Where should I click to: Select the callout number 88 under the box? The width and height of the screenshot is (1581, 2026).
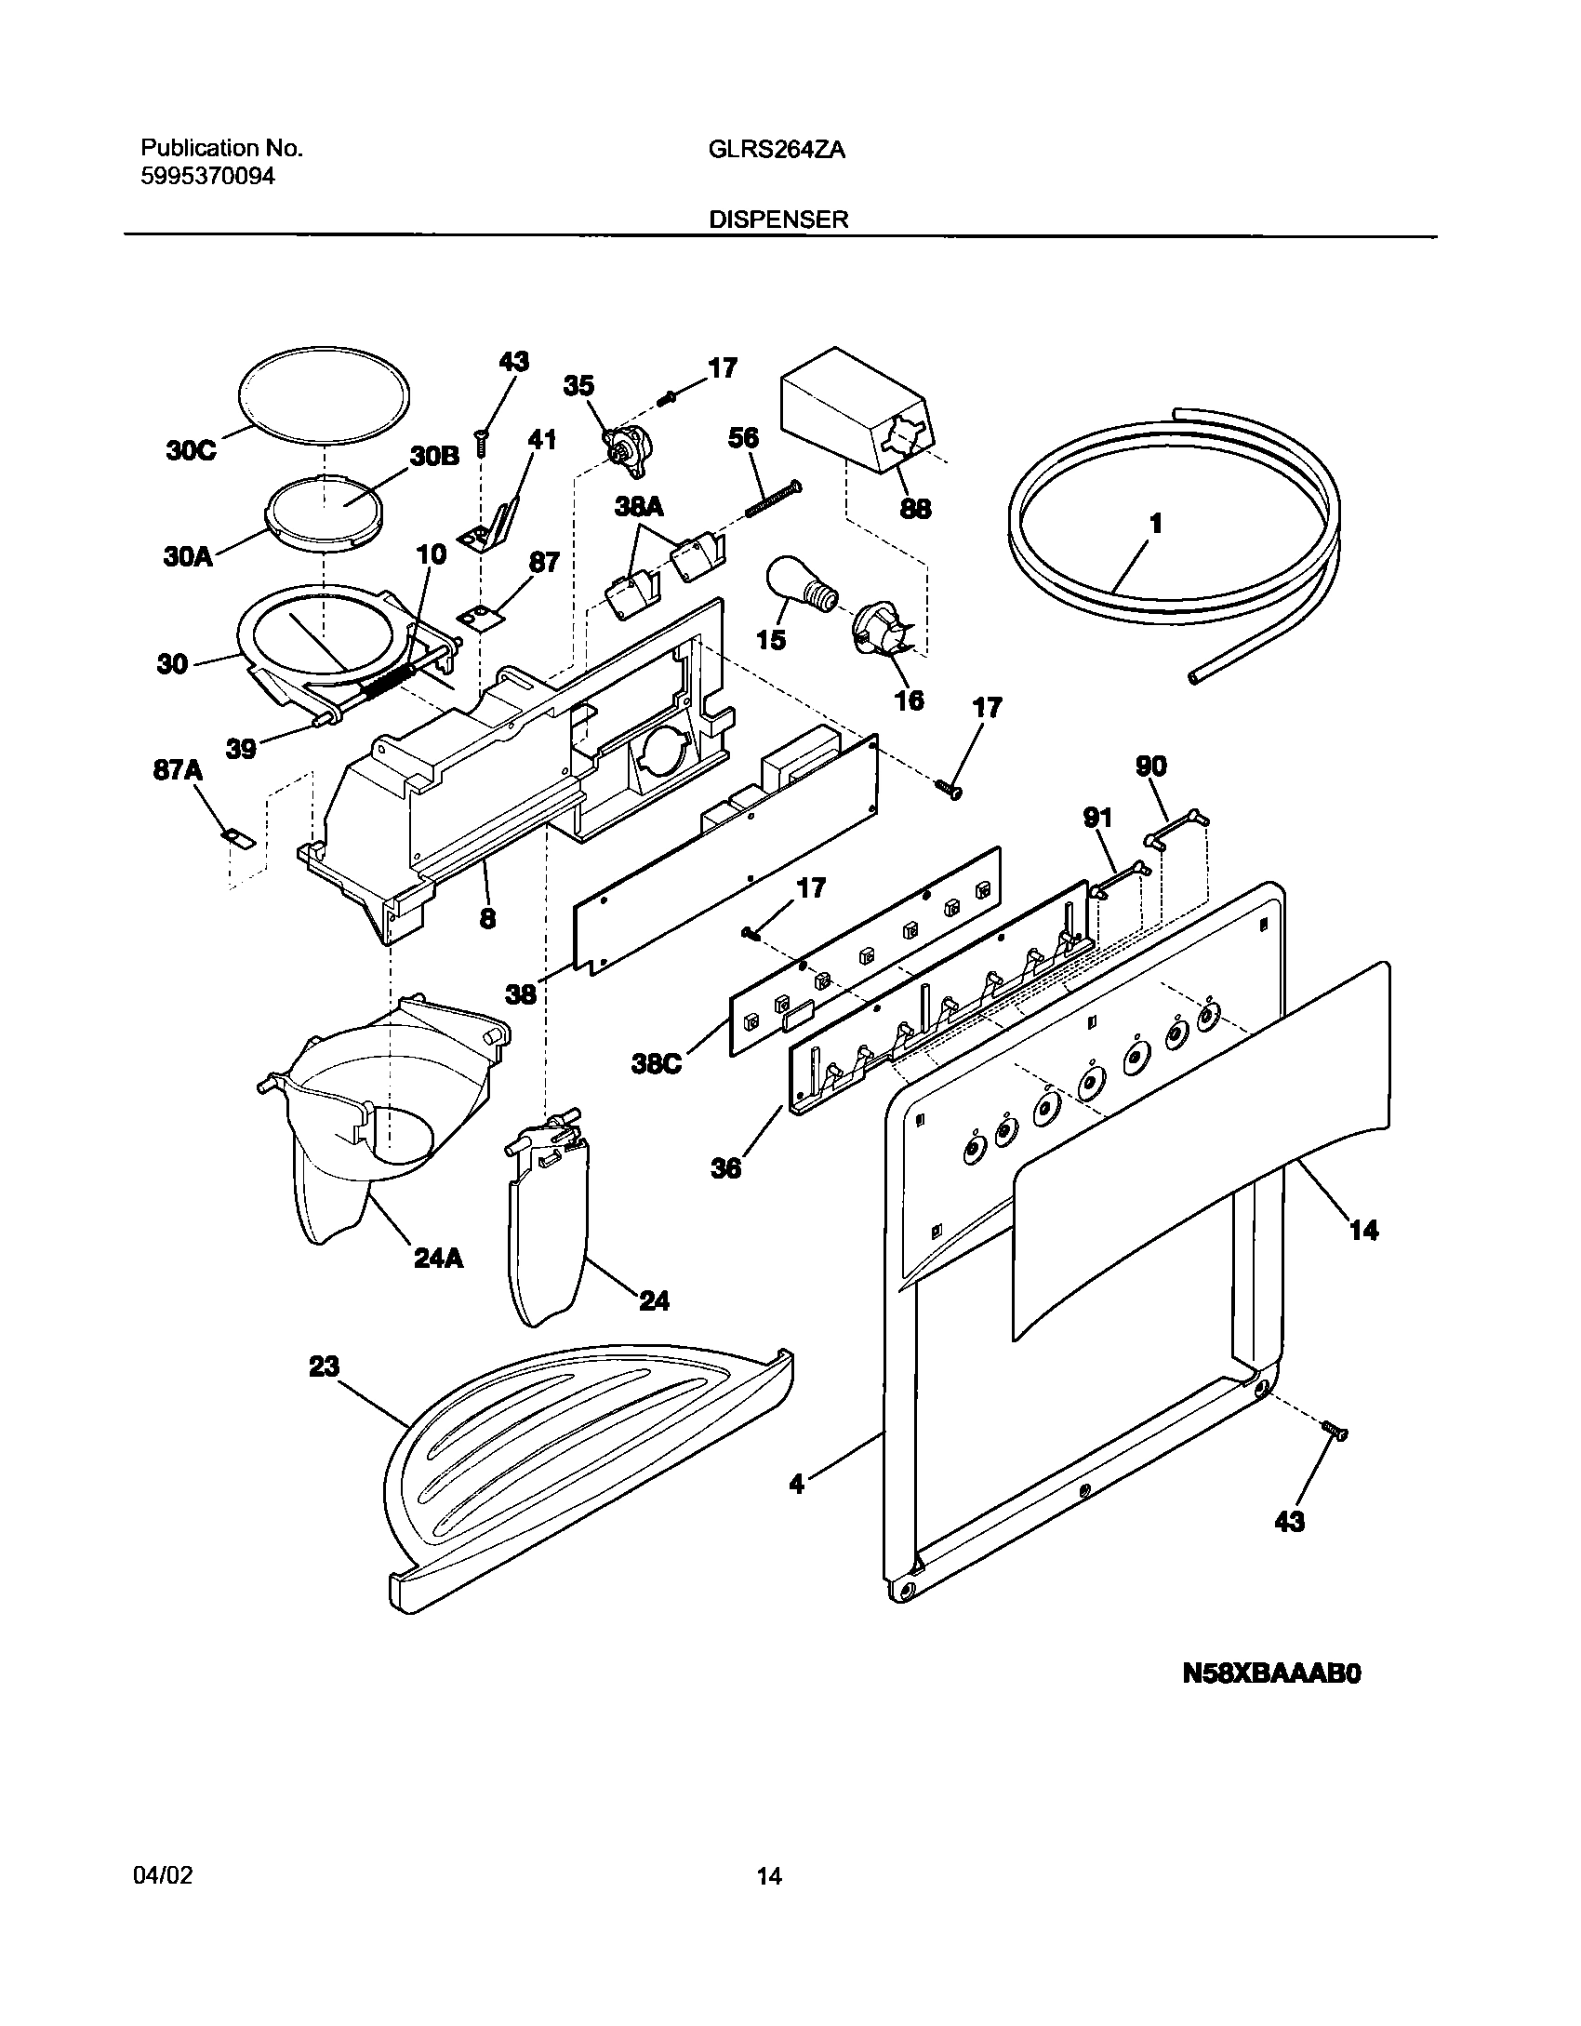916,509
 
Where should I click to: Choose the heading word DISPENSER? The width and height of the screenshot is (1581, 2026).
778,220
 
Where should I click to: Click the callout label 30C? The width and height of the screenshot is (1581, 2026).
192,450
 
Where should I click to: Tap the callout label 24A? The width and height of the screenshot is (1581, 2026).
440,1260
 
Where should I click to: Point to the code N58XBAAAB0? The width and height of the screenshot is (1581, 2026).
1271,1674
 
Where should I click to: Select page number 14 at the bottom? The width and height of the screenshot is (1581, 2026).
768,1876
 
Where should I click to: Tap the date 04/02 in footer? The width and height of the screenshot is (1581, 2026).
166,1876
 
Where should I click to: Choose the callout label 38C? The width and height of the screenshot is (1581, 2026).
657,1063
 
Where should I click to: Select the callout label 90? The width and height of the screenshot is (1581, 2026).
1149,766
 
